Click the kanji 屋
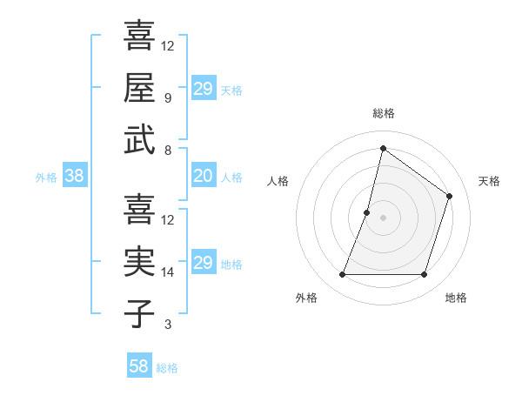[x=139, y=90]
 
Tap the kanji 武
[x=139, y=141]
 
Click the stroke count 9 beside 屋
[x=167, y=98]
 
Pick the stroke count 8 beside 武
[x=167, y=150]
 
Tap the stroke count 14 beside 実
[x=168, y=272]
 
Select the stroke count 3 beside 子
[x=167, y=325]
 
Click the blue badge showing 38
[x=74, y=177]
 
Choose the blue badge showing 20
[x=203, y=177]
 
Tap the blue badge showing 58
[x=138, y=366]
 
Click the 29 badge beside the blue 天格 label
[x=203, y=89]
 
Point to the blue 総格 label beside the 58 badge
[x=167, y=368]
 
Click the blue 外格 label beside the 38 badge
[x=46, y=178]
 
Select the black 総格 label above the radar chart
[x=384, y=114]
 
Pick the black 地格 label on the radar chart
[x=456, y=298]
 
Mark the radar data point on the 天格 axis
[x=450, y=196]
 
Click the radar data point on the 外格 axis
[x=342, y=275]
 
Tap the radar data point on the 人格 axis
[x=367, y=212]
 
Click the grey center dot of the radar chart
[x=383, y=218]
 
